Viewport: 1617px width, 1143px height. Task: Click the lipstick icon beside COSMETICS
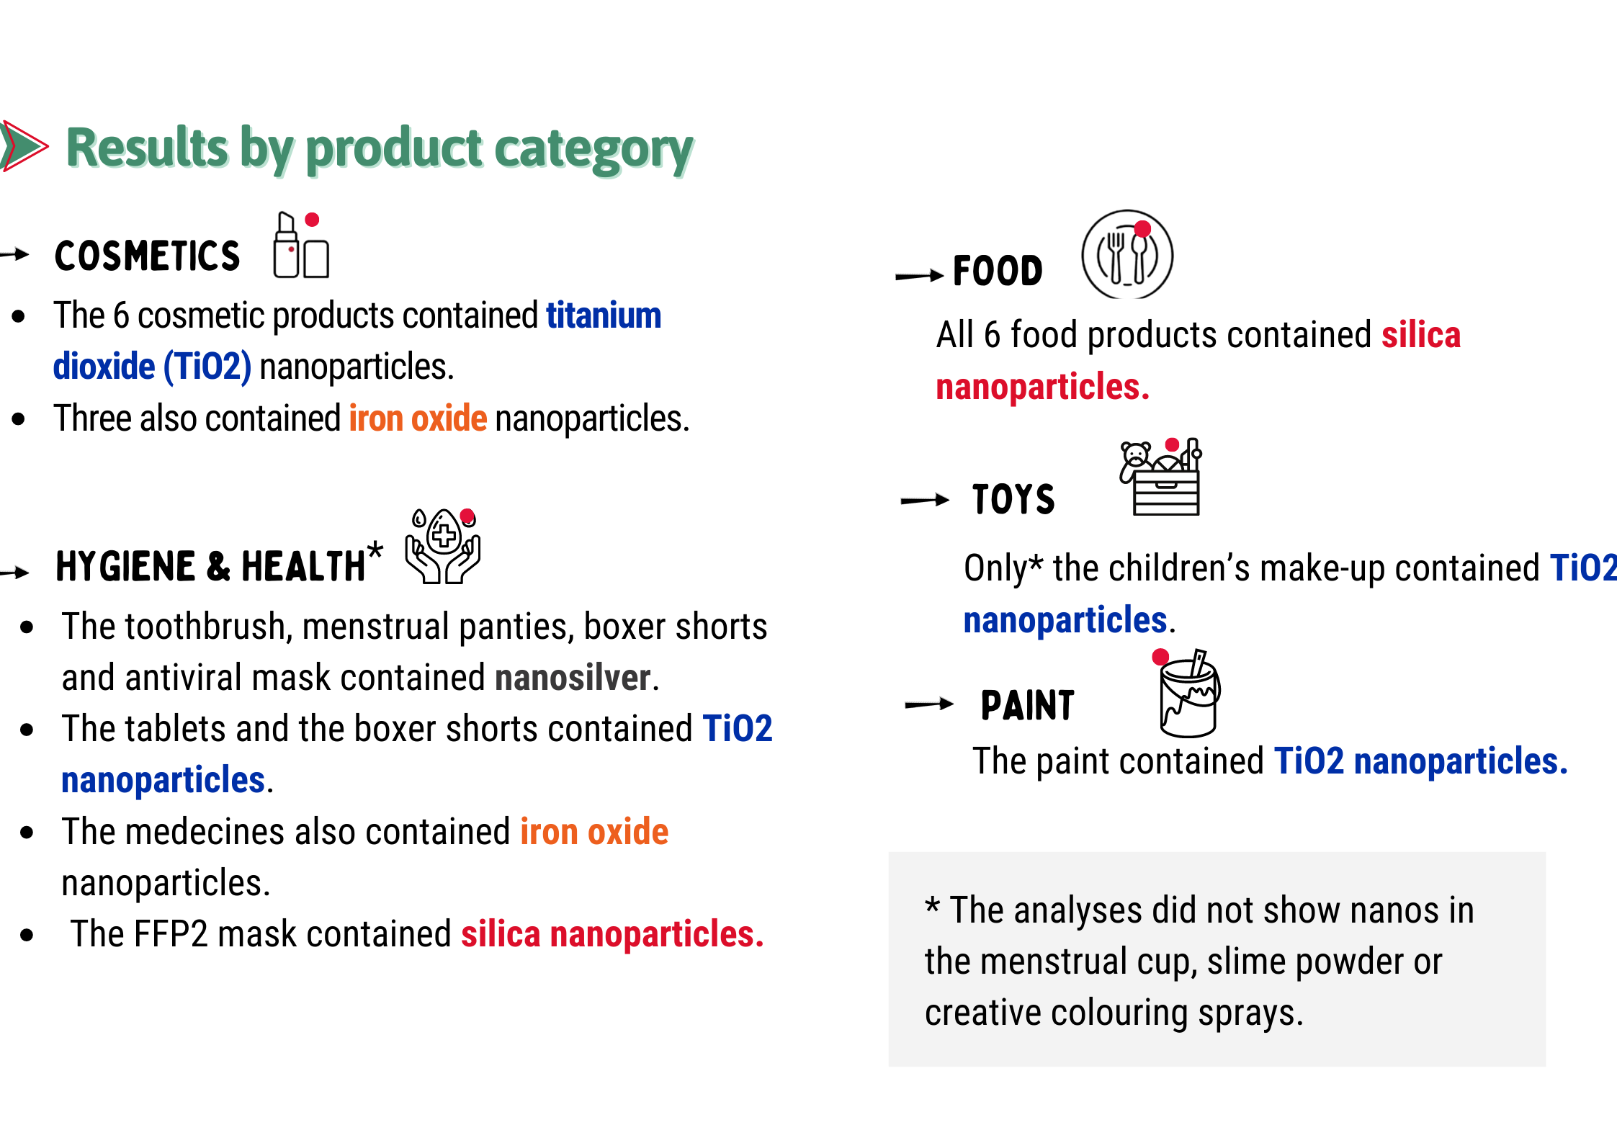(x=301, y=245)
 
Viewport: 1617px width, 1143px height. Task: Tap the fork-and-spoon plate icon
(x=1127, y=254)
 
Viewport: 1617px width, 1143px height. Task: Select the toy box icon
(x=1160, y=476)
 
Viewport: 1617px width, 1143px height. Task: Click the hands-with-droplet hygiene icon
(x=444, y=545)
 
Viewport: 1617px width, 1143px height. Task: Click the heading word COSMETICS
(x=147, y=256)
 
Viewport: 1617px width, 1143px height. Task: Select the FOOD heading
(x=998, y=272)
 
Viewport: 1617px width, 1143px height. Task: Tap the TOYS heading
(x=1013, y=499)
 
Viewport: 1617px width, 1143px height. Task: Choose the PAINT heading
(x=1027, y=705)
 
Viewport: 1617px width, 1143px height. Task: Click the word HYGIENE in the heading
(x=125, y=566)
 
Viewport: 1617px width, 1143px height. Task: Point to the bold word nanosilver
(x=573, y=678)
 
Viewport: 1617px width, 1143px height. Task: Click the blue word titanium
(x=604, y=315)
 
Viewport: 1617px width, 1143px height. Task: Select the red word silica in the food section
(x=1421, y=335)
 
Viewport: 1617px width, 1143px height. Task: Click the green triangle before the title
(x=24, y=146)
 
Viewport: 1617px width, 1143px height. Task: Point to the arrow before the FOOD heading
(x=919, y=275)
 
